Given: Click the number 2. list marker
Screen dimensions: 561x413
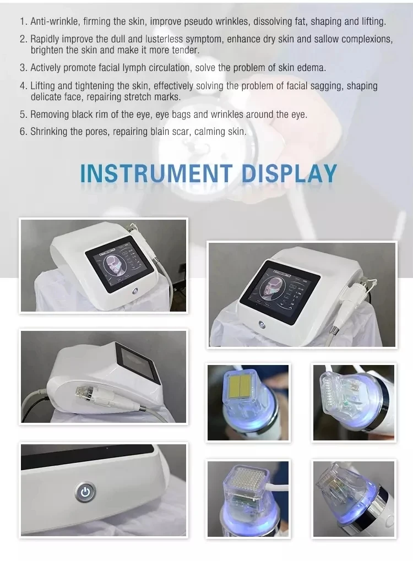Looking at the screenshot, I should point(23,40).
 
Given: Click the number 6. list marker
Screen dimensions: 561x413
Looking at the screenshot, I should point(23,132).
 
